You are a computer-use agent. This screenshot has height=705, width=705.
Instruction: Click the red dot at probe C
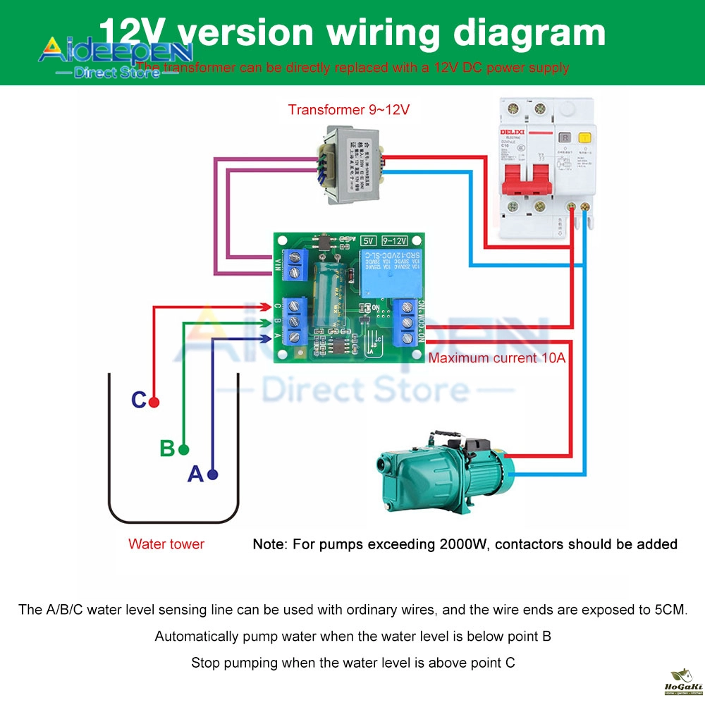[154, 402]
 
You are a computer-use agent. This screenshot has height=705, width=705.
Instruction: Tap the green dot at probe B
[184, 449]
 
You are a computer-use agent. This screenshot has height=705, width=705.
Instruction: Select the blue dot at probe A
[213, 474]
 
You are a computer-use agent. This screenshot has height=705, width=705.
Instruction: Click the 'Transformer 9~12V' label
[348, 110]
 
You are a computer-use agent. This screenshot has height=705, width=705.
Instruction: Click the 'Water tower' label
[166, 544]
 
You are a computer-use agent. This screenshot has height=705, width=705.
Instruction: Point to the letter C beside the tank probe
[139, 400]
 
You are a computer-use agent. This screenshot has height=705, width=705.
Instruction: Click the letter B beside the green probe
[167, 448]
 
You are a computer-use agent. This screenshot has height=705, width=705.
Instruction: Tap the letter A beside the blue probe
[195, 474]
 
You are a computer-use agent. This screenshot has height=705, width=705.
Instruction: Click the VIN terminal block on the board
[295, 266]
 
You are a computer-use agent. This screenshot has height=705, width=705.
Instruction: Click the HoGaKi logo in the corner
[681, 682]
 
